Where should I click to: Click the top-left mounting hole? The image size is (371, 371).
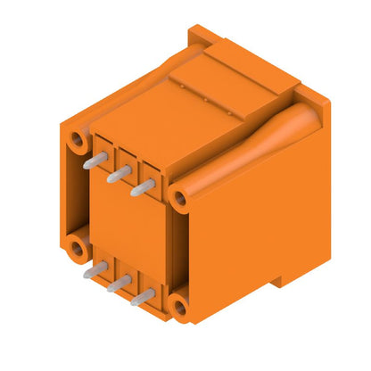[x=80, y=141]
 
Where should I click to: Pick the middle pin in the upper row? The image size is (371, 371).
[x=117, y=175]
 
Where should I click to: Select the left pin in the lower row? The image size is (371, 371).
[x=94, y=271]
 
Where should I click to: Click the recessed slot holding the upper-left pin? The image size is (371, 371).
[x=103, y=152]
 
